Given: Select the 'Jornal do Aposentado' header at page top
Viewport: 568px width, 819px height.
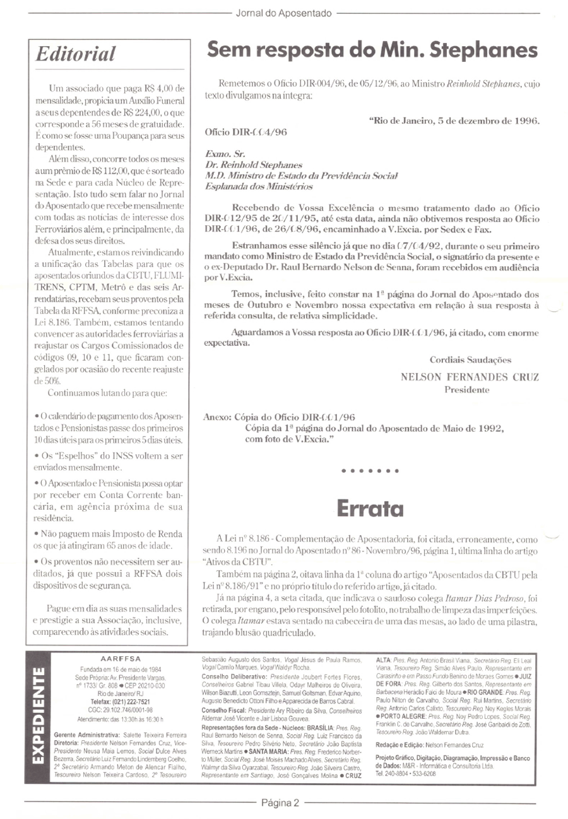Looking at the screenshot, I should (283, 12).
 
